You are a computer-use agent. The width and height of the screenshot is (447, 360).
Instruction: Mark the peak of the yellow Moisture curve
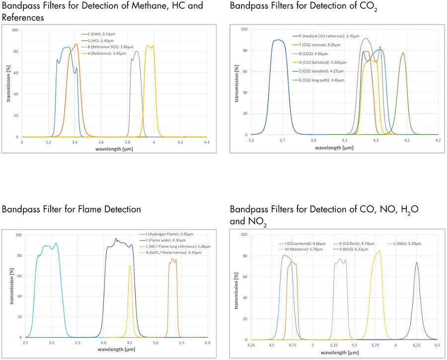[379, 251]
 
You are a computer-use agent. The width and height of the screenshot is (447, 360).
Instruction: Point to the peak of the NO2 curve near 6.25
[417, 263]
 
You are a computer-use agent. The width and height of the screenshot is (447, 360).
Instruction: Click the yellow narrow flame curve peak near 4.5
[130, 266]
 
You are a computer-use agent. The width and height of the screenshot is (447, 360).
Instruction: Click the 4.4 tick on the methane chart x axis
[207, 142]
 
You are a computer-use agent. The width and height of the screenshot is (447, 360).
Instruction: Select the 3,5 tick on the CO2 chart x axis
[251, 141]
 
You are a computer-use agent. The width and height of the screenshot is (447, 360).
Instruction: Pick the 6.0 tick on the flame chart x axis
[208, 343]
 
